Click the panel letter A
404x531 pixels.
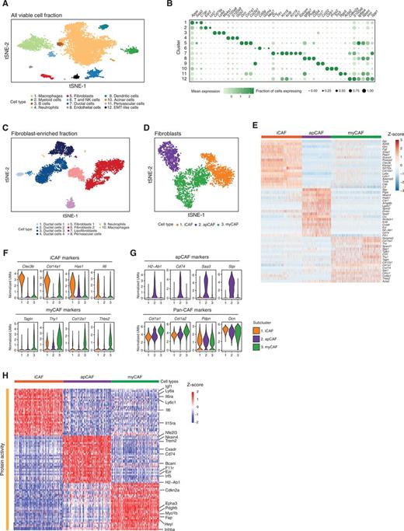pyautogui.click(x=5, y=5)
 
